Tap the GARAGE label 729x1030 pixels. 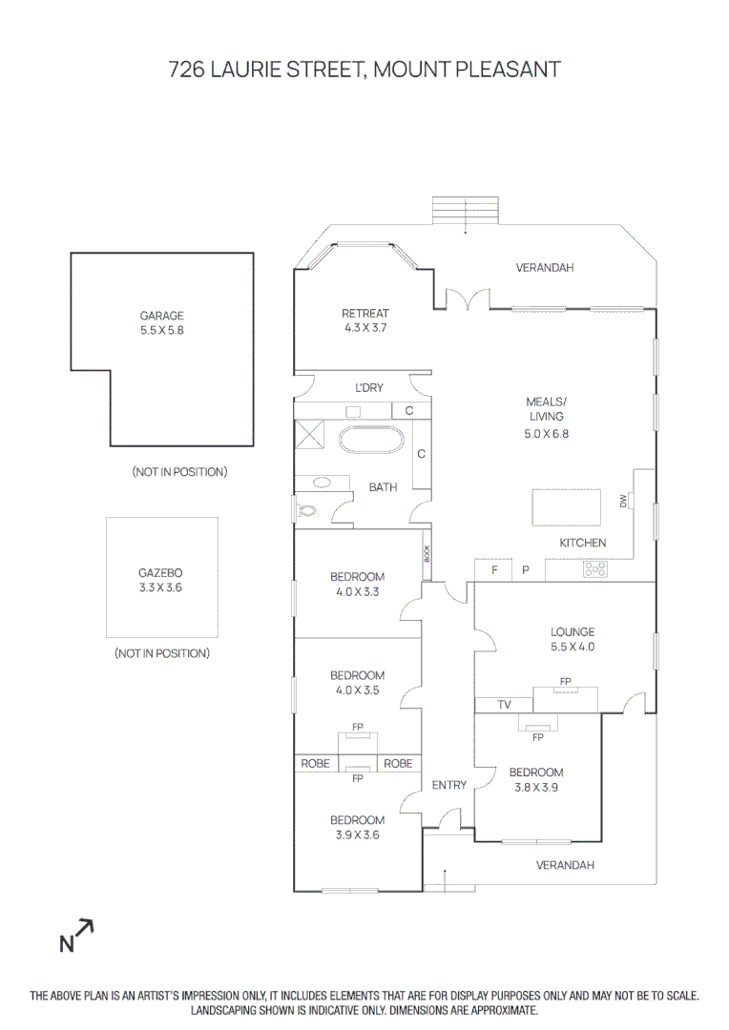pyautogui.click(x=161, y=316)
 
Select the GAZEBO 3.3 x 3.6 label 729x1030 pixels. pyautogui.click(x=160, y=581)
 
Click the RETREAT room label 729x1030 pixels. pyautogui.click(x=365, y=314)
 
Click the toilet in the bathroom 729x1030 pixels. pyautogui.click(x=307, y=510)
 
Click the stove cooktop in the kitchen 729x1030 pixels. pyautogui.click(x=595, y=569)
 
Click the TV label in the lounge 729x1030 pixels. pyautogui.click(x=504, y=706)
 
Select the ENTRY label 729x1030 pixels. pyautogui.click(x=449, y=786)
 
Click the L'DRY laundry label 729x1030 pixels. pyautogui.click(x=369, y=387)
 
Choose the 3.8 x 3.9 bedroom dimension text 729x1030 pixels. pyautogui.click(x=535, y=787)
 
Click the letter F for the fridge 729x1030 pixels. pyautogui.click(x=494, y=570)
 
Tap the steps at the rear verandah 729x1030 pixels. pyautogui.click(x=466, y=212)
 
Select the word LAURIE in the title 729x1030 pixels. pyautogui.click(x=252, y=70)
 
